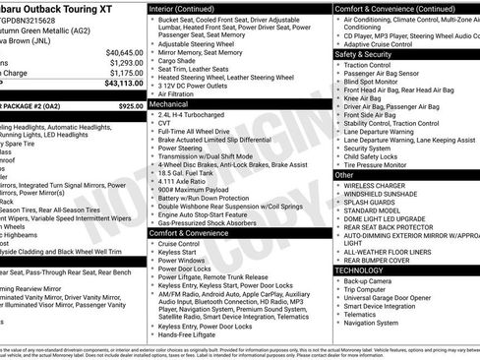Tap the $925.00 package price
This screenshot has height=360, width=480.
click(131, 105)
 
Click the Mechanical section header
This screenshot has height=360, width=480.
click(169, 102)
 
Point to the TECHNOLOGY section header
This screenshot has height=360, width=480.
click(359, 270)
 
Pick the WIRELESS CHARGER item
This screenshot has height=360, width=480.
click(374, 185)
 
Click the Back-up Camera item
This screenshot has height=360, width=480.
click(366, 280)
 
